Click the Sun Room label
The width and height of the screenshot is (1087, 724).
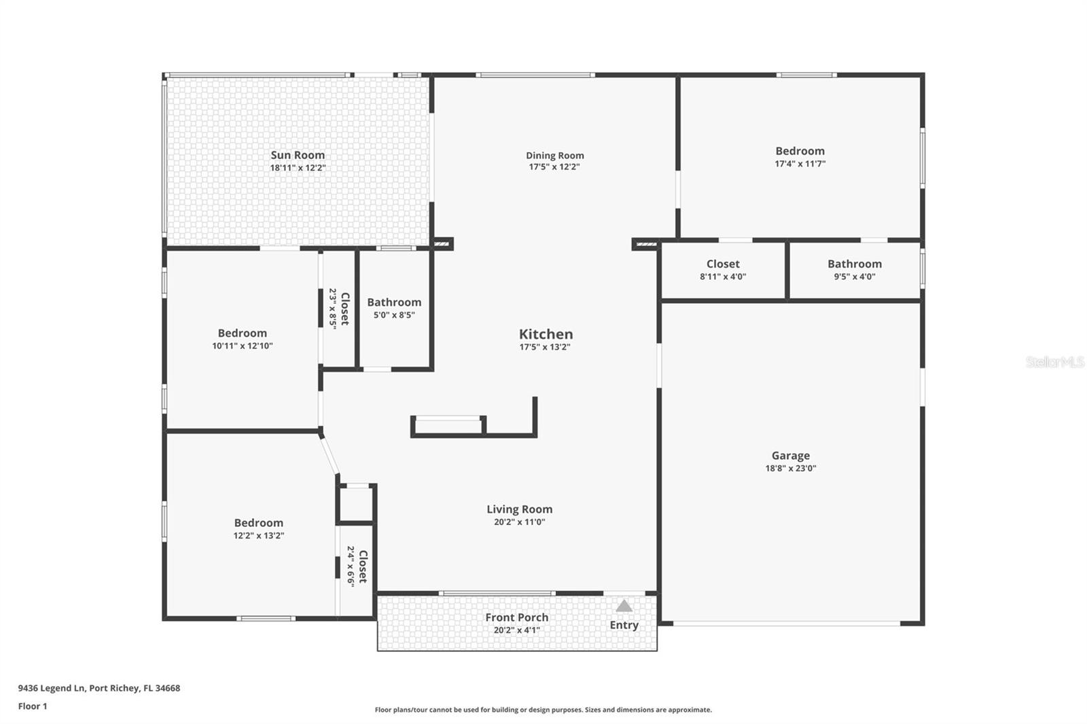click(x=298, y=155)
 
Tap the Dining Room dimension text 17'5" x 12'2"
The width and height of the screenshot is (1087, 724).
click(x=554, y=167)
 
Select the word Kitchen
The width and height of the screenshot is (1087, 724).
click(x=546, y=334)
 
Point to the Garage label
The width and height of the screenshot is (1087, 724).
click(x=790, y=456)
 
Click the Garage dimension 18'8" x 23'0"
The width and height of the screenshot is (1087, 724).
click(x=790, y=468)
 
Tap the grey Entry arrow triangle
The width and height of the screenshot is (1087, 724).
click(x=624, y=606)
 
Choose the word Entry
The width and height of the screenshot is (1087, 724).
click(x=624, y=625)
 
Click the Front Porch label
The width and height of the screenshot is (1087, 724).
click(x=516, y=617)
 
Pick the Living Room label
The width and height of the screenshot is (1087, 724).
click(x=519, y=509)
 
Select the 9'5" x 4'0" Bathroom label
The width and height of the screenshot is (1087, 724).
click(x=854, y=264)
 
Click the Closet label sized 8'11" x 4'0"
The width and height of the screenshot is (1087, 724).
click(x=722, y=264)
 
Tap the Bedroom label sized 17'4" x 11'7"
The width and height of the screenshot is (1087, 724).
click(x=800, y=151)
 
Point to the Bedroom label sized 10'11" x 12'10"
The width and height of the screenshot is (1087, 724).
click(x=242, y=333)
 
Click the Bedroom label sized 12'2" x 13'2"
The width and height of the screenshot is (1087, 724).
click(x=258, y=523)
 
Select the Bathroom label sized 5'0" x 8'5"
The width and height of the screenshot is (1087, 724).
click(x=394, y=303)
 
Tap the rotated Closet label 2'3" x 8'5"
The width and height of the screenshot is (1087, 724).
click(x=344, y=308)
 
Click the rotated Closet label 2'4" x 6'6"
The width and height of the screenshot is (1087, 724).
click(x=363, y=566)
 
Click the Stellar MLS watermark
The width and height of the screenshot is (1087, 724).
click(x=1054, y=362)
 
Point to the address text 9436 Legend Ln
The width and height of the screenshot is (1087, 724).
click(x=52, y=688)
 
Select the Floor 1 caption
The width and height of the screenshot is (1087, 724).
click(x=33, y=706)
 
